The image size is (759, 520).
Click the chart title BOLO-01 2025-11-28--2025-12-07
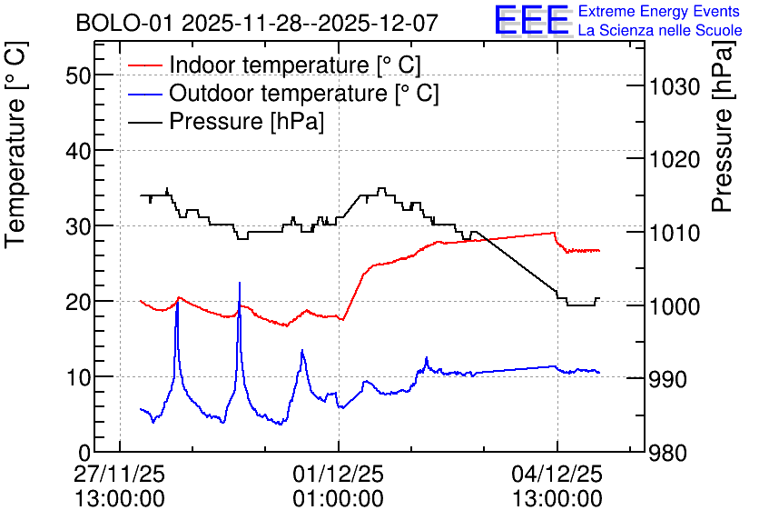(257, 23)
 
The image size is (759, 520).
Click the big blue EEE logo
(532, 20)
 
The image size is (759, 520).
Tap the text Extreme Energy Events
(659, 11)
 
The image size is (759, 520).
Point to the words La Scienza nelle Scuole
(660, 31)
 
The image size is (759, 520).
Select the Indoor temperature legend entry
(274, 65)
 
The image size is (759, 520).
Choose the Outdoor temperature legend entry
(283, 93)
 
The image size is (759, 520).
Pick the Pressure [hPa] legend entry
(226, 121)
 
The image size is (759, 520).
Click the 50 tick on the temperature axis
(78, 75)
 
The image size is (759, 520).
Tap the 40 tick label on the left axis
(78, 151)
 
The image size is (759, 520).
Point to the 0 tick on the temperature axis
(84, 453)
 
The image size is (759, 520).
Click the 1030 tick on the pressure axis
(675, 87)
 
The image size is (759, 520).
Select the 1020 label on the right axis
(675, 160)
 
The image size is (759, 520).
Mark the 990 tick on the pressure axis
(668, 379)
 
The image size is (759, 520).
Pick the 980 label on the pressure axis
(668, 454)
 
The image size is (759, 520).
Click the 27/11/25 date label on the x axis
(120, 474)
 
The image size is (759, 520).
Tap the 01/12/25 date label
(339, 474)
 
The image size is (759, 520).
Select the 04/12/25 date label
(557, 474)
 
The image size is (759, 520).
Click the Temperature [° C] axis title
(16, 145)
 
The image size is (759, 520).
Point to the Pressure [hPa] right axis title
(724, 126)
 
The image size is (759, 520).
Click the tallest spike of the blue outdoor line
(239, 283)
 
